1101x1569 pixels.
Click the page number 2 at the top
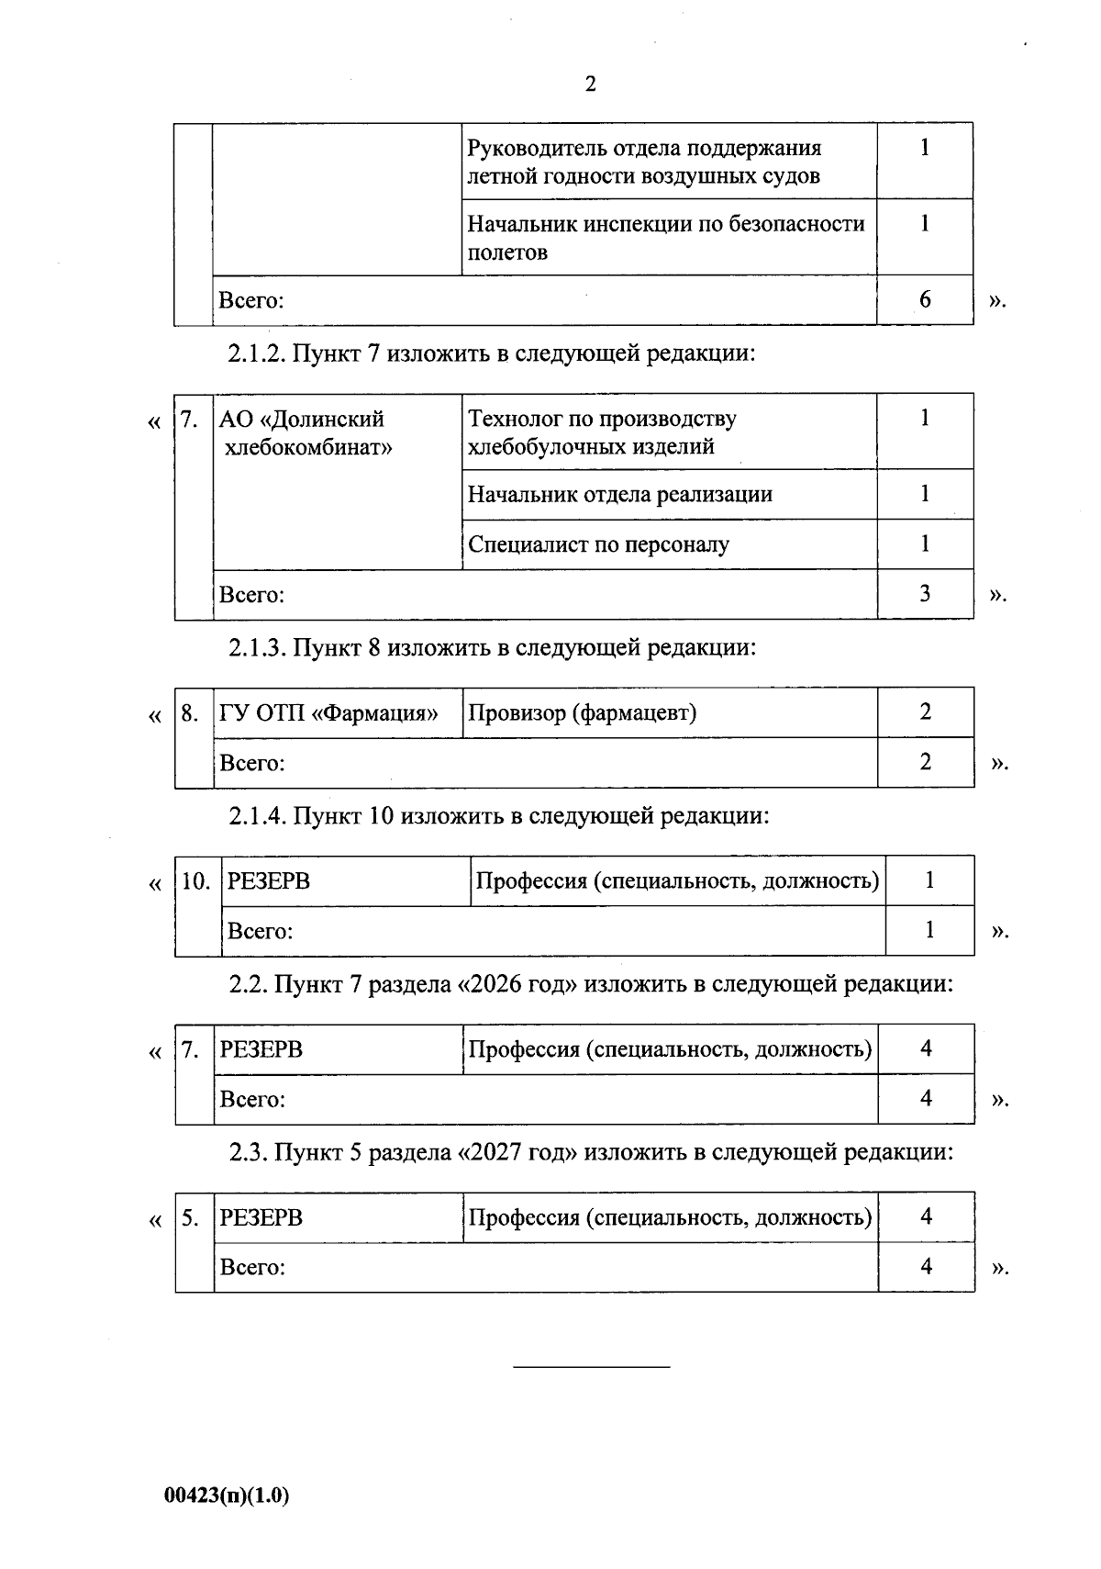[x=590, y=84]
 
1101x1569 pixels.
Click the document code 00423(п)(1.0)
[x=227, y=1496]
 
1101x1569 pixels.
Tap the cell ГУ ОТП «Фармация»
[x=328, y=712]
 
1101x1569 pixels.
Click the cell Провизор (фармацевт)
[x=583, y=712]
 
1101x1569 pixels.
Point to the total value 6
[x=925, y=299]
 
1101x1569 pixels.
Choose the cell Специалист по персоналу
[x=598, y=544]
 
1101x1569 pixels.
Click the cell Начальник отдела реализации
[x=620, y=495]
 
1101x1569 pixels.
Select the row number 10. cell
[x=196, y=882]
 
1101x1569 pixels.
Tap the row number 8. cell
[x=190, y=713]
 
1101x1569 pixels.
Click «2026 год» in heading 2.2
[x=518, y=985]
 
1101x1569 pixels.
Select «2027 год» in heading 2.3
[x=518, y=1152]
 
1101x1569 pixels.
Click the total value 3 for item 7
[x=925, y=594]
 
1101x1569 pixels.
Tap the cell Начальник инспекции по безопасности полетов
[x=666, y=238]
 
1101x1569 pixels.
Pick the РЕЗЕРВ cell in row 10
[x=269, y=881]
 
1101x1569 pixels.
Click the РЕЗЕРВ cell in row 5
[x=261, y=1218]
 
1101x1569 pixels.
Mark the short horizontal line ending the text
[x=591, y=1368]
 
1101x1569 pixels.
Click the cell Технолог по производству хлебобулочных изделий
[x=602, y=432]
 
